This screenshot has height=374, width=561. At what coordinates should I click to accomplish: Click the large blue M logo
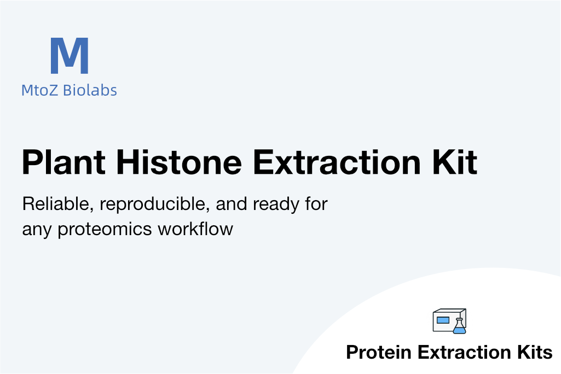coord(70,56)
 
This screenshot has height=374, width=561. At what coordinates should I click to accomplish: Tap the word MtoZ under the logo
coord(39,90)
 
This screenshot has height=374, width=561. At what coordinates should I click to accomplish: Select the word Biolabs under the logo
coord(90,90)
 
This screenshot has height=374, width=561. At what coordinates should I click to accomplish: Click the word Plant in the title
coord(63,162)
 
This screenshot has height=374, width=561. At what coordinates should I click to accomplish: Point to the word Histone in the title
coord(180,162)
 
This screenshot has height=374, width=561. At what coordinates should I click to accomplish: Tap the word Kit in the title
coord(455,162)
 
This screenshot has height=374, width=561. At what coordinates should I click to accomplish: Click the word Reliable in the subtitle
coord(58,204)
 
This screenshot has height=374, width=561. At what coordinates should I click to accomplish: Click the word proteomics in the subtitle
coord(105,230)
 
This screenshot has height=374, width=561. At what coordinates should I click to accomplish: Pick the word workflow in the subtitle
coord(196,229)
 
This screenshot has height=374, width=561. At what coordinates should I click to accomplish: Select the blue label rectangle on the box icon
coord(443,320)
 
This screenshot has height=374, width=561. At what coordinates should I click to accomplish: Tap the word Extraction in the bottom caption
coord(464,352)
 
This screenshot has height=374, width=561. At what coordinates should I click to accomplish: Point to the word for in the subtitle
coord(316,204)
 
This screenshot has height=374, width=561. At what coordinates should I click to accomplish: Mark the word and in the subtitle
coord(231,204)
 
